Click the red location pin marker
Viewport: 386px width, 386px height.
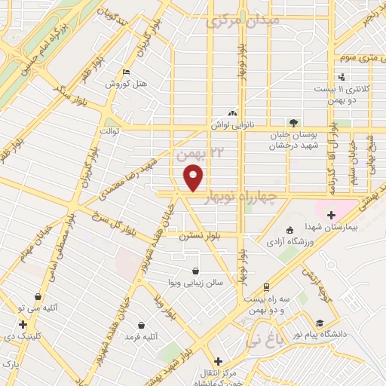coord(194,178)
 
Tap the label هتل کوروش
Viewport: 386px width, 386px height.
coord(125,84)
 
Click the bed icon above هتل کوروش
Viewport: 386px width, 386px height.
coord(125,72)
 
